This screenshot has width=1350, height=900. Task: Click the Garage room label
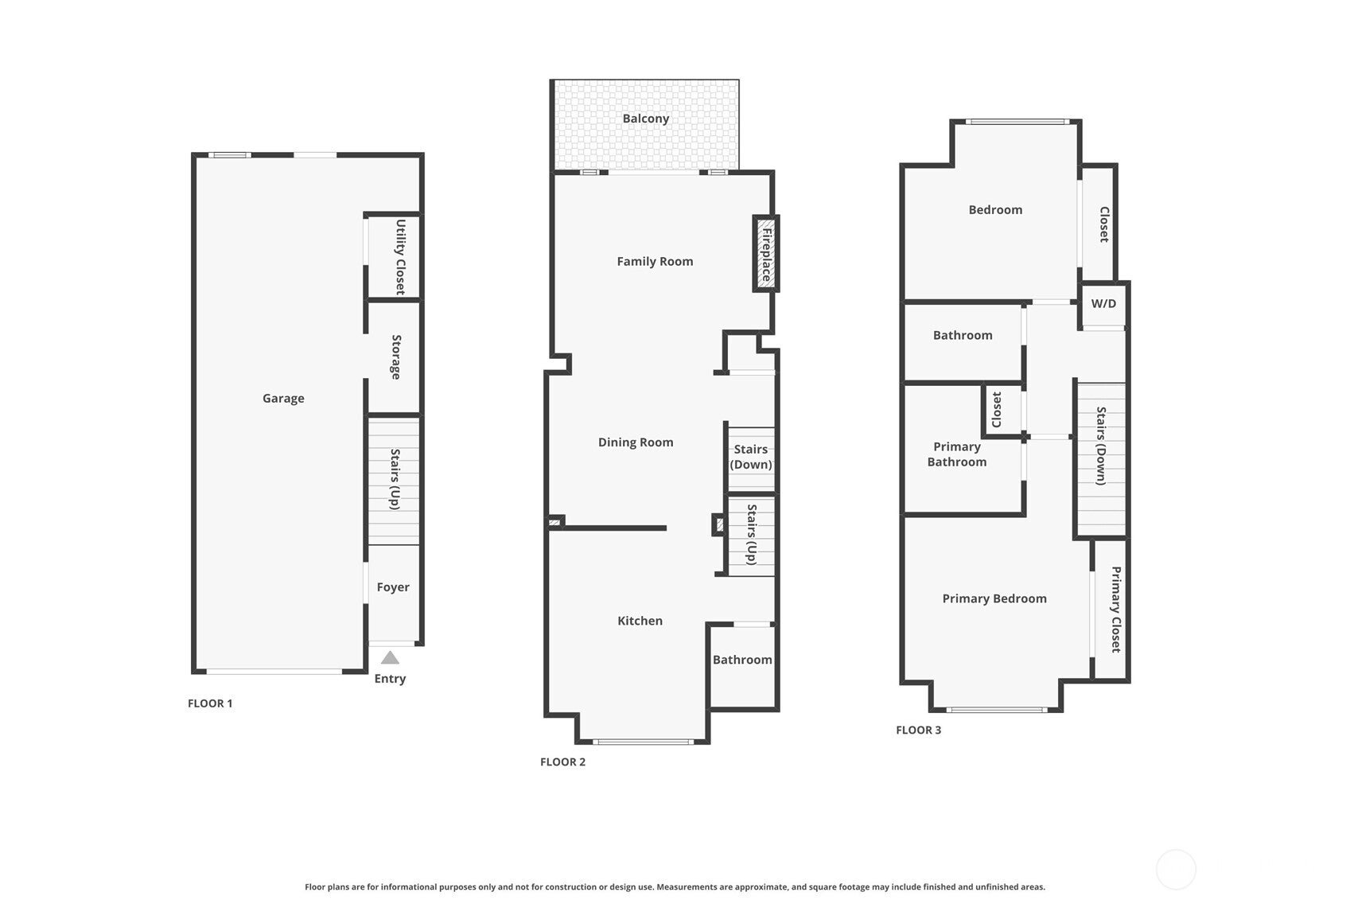coord(283,399)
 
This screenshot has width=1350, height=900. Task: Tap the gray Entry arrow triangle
coord(390,657)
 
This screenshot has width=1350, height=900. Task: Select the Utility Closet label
coord(400,257)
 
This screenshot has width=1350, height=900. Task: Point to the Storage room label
coord(396,356)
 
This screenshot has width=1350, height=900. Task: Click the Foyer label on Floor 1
coord(393,587)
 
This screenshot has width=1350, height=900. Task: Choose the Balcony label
coord(646,119)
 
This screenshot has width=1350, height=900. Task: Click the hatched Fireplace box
coord(766,254)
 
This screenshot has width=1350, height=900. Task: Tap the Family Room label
coord(655,262)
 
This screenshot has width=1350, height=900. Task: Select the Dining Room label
coord(636,442)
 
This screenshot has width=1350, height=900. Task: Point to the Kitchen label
coord(640,621)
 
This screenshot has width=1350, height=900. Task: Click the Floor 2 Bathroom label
coord(742,660)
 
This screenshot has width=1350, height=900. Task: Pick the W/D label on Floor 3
coord(1103,304)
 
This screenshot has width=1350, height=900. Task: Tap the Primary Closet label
coord(1116,610)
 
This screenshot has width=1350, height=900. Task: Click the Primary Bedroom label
coord(994,598)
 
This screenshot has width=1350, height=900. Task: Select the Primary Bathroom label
coord(957,454)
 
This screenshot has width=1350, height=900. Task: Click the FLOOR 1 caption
coord(210,703)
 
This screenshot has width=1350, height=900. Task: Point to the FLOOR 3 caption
coord(919,730)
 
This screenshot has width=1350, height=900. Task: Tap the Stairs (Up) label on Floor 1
coord(395,479)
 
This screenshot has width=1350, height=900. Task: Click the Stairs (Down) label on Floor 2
coord(751,457)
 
